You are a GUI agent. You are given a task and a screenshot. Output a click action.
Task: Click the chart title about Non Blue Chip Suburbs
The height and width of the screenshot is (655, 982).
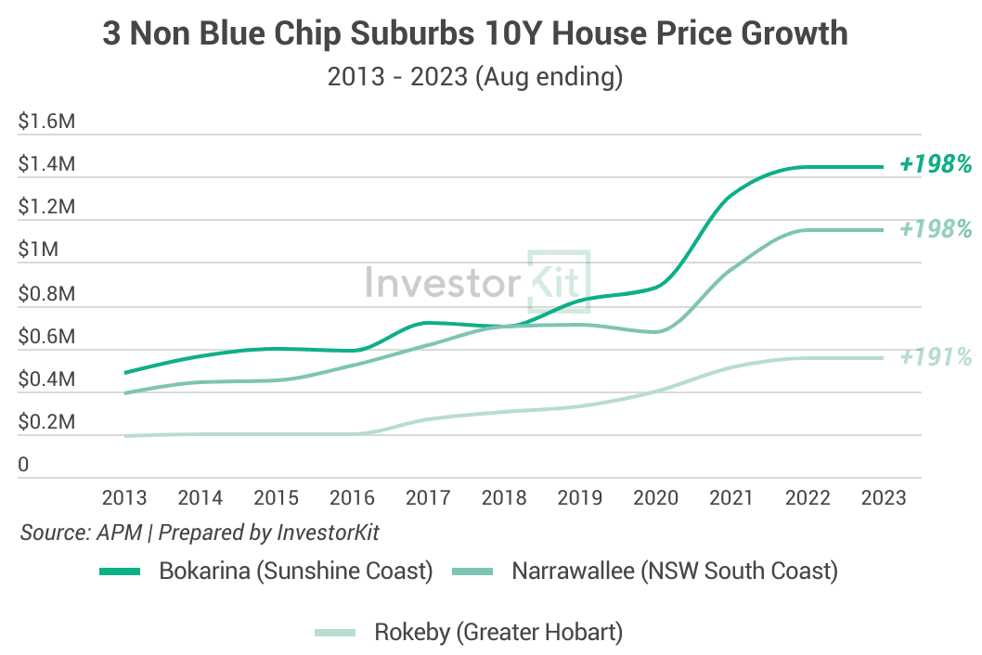(x=474, y=33)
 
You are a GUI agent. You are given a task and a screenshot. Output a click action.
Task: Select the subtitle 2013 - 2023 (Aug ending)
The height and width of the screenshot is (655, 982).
(x=474, y=77)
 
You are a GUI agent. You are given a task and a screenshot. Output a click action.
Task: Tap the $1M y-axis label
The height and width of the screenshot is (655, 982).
(x=39, y=250)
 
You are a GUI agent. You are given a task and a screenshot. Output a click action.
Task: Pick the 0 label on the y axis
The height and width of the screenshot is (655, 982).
(x=24, y=465)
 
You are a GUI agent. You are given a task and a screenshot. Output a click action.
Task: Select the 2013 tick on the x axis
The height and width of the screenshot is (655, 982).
(x=124, y=497)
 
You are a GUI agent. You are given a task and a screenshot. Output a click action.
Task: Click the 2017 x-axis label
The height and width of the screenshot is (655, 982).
(x=428, y=497)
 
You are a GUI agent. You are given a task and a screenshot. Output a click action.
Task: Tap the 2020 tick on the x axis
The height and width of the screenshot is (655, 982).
(x=656, y=497)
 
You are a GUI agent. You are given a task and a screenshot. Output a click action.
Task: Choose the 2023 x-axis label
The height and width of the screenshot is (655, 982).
(x=884, y=497)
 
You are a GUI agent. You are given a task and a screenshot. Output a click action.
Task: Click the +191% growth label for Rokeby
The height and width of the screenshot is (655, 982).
(x=936, y=357)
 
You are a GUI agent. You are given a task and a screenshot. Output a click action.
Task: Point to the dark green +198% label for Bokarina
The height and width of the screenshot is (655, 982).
(x=936, y=165)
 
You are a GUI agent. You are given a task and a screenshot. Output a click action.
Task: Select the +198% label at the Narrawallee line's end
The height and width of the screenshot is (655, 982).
(x=936, y=229)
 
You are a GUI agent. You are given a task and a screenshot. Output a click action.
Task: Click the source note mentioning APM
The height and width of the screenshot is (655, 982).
(x=200, y=533)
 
